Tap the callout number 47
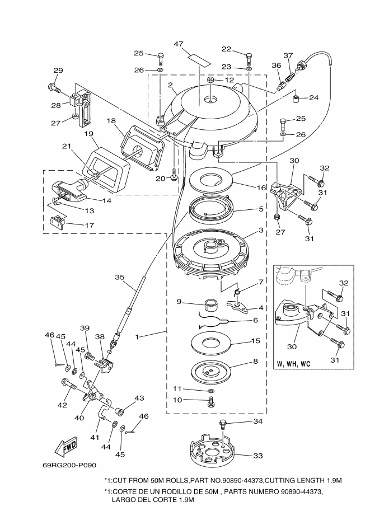pyautogui.click(x=188, y=44)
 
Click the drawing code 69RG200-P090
pyautogui.click(x=69, y=465)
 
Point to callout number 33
pyautogui.click(x=258, y=456)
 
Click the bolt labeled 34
pyautogui.click(x=223, y=425)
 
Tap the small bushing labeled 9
pyautogui.click(x=211, y=306)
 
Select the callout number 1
pyautogui.click(x=137, y=336)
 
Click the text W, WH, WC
pyautogui.click(x=293, y=364)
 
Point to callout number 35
pyautogui.click(x=120, y=278)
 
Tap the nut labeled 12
pyautogui.click(x=210, y=79)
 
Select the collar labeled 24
pyautogui.click(x=296, y=99)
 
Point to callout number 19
pyautogui.click(x=88, y=134)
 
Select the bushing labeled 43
pyautogui.click(x=119, y=411)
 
